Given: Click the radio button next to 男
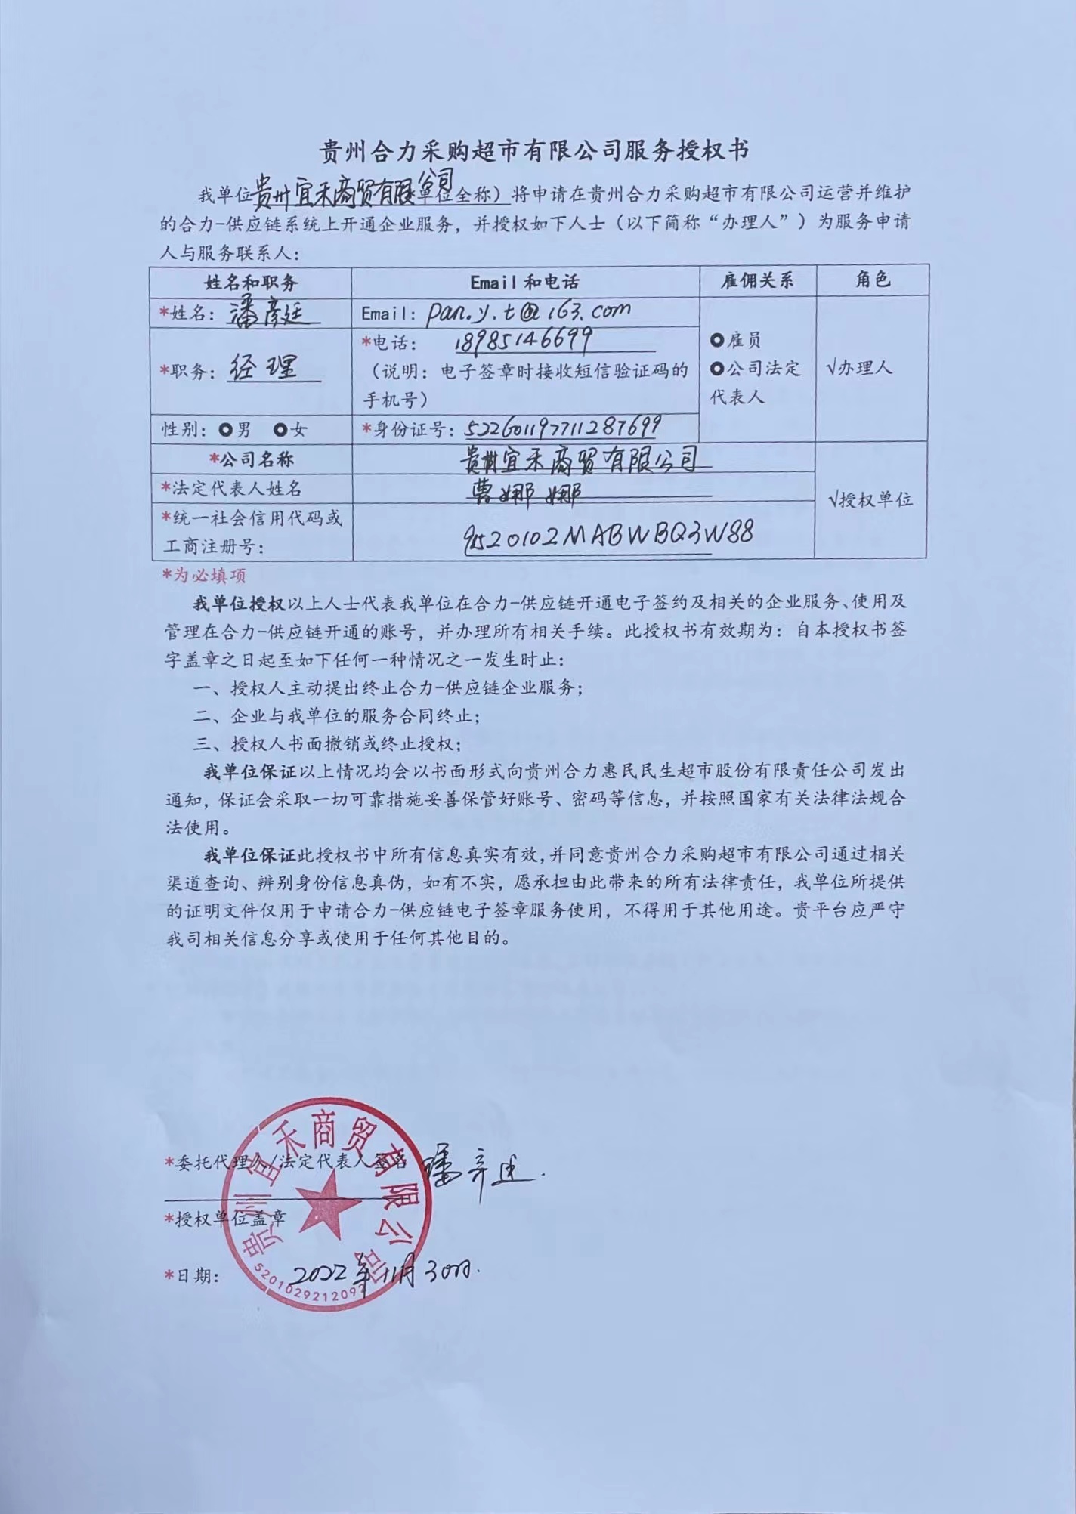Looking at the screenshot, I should point(224,430).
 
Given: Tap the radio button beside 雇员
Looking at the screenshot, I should point(716,340).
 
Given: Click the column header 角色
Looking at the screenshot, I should point(872,280).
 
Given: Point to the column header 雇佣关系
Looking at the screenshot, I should point(757,281).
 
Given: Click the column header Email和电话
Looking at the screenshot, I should point(524,282).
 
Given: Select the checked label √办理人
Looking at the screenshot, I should point(861,368).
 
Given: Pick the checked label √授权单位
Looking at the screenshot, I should point(870,499).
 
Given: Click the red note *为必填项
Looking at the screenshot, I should point(204,575).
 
